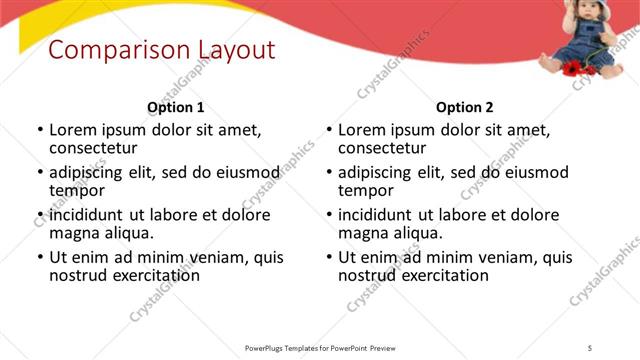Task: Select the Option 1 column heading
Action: (x=176, y=107)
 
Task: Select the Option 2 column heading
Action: (x=465, y=107)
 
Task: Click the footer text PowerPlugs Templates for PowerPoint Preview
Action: (x=320, y=347)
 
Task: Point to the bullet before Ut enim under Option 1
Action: (x=39, y=257)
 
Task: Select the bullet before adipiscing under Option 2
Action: (x=328, y=172)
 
